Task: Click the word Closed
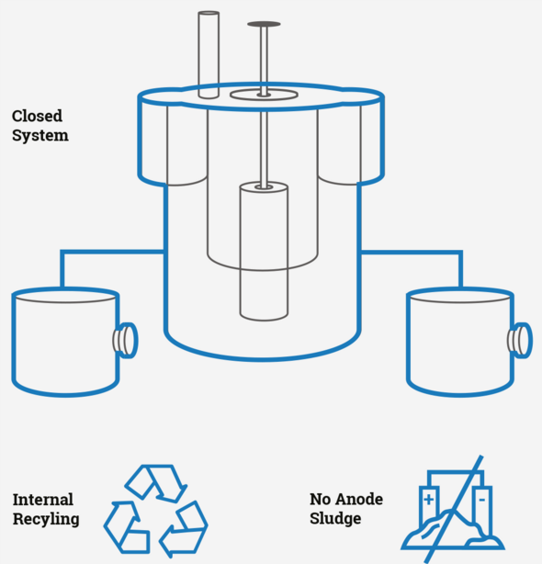(x=37, y=116)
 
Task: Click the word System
(x=40, y=136)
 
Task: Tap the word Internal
(x=43, y=500)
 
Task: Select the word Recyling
(x=46, y=519)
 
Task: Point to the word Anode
(x=360, y=500)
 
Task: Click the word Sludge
(x=335, y=519)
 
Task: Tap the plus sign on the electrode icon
(x=428, y=500)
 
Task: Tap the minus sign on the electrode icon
(x=482, y=500)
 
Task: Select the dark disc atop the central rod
(x=264, y=24)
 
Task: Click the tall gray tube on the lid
(x=209, y=55)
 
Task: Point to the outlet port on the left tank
(x=126, y=340)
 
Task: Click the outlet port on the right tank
(x=520, y=340)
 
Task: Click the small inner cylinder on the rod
(x=264, y=251)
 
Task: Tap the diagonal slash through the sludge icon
(x=453, y=509)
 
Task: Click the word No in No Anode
(x=320, y=500)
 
